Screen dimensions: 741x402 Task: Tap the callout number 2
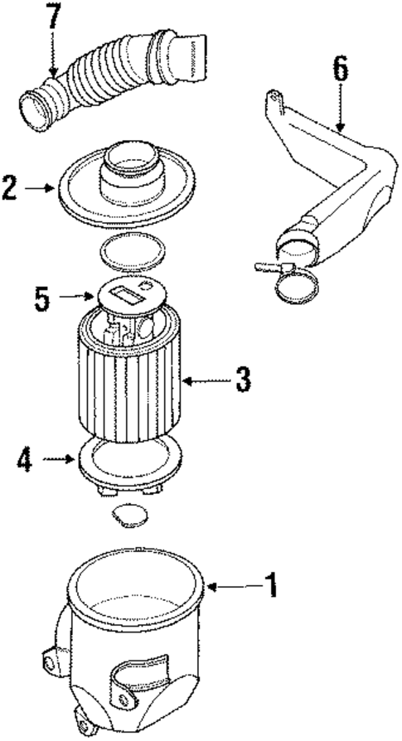pyautogui.click(x=9, y=188)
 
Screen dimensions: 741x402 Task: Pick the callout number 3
pyautogui.click(x=242, y=380)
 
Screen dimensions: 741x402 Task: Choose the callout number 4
pyautogui.click(x=25, y=458)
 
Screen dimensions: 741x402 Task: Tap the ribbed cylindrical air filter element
pyautogui.click(x=133, y=390)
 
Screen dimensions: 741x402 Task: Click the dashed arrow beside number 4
pyautogui.click(x=57, y=458)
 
